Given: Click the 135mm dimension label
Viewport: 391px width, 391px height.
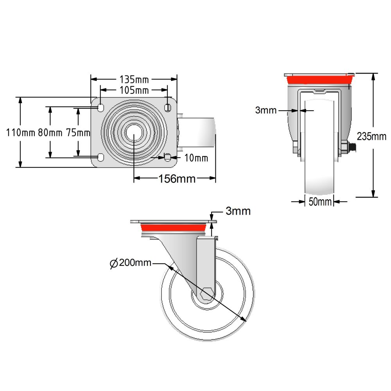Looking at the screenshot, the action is pos(134,79).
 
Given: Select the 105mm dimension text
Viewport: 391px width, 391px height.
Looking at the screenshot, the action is pos(134,90).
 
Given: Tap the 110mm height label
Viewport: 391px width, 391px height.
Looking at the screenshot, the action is pos(20,133).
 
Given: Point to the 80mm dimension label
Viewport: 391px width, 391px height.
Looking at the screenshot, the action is pos(50,133).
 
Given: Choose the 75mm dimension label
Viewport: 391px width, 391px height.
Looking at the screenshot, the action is pos(78,133).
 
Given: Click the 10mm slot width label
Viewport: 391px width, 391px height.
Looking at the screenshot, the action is pos(196,158).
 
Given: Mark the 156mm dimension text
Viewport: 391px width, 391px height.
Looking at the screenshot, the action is pos(177,179).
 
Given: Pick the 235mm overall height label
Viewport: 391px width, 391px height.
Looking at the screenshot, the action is pos(371,136).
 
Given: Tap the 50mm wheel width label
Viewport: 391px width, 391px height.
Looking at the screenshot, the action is pos(320,202).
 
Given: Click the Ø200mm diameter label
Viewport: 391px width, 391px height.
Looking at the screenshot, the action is pos(131,263).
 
